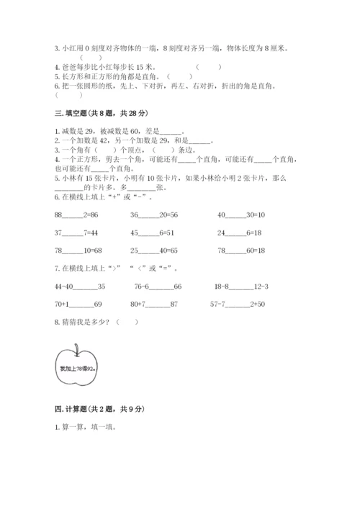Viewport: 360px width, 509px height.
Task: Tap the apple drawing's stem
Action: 76,345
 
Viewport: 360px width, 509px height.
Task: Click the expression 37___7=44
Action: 73,233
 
